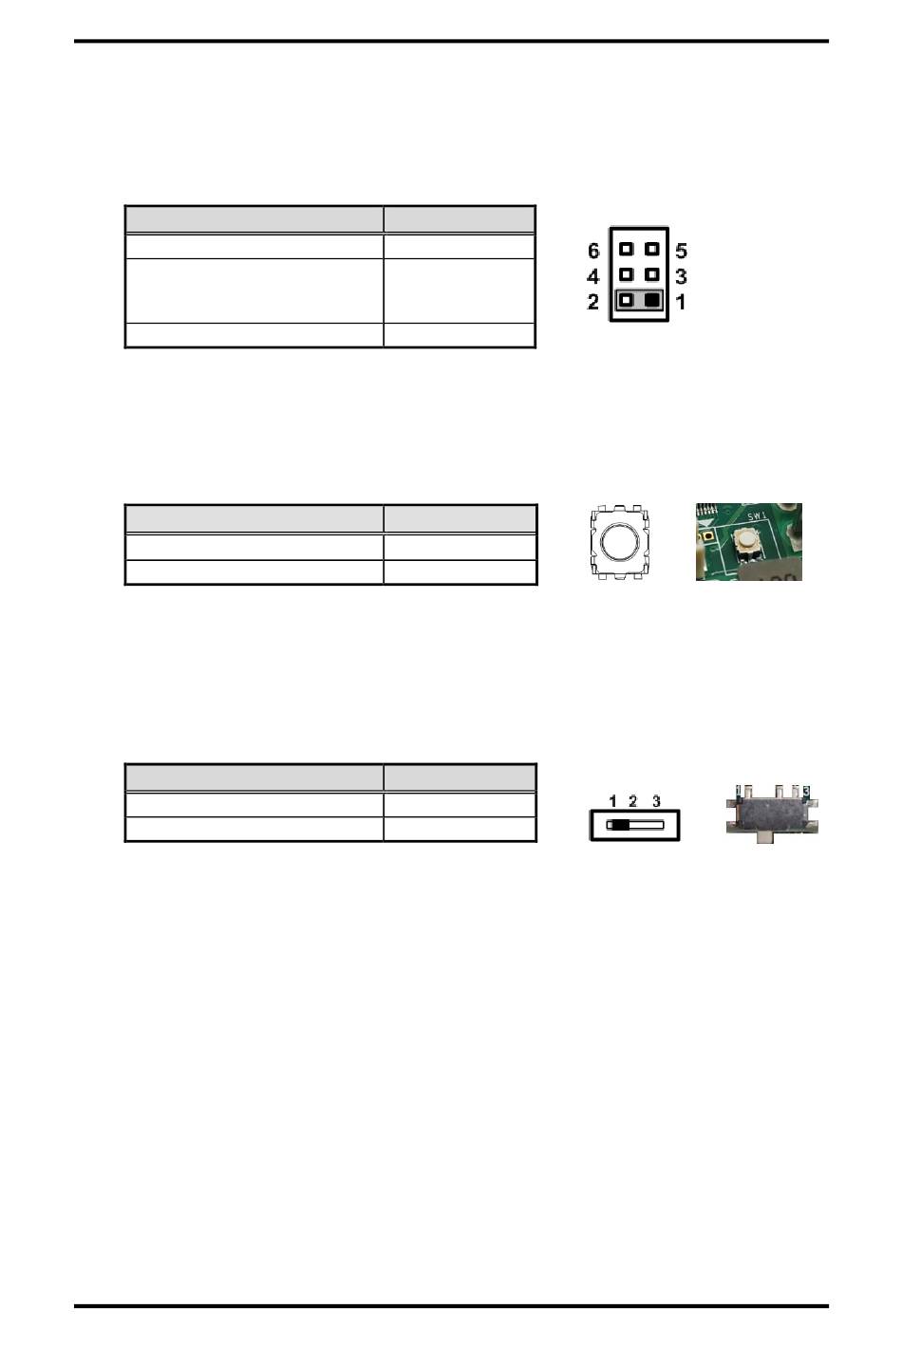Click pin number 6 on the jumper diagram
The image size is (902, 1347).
tap(593, 252)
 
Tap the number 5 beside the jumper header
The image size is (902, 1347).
tap(681, 252)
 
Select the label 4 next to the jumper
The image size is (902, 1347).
tap(593, 277)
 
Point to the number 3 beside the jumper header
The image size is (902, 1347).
tap(681, 277)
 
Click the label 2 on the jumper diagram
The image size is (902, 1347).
tap(593, 303)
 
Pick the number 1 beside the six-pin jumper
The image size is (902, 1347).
tap(681, 303)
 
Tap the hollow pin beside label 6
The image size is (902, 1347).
tap(626, 250)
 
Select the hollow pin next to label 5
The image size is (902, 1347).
tap(651, 250)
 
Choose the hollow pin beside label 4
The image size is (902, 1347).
tap(626, 275)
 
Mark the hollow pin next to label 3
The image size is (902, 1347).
tap(651, 275)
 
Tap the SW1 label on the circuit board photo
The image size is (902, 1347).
tap(757, 515)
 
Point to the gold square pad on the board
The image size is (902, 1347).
tap(708, 538)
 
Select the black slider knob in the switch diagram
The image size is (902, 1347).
tap(618, 825)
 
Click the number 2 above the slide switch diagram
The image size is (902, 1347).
tap(633, 802)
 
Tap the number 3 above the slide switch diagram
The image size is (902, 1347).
tap(656, 802)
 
